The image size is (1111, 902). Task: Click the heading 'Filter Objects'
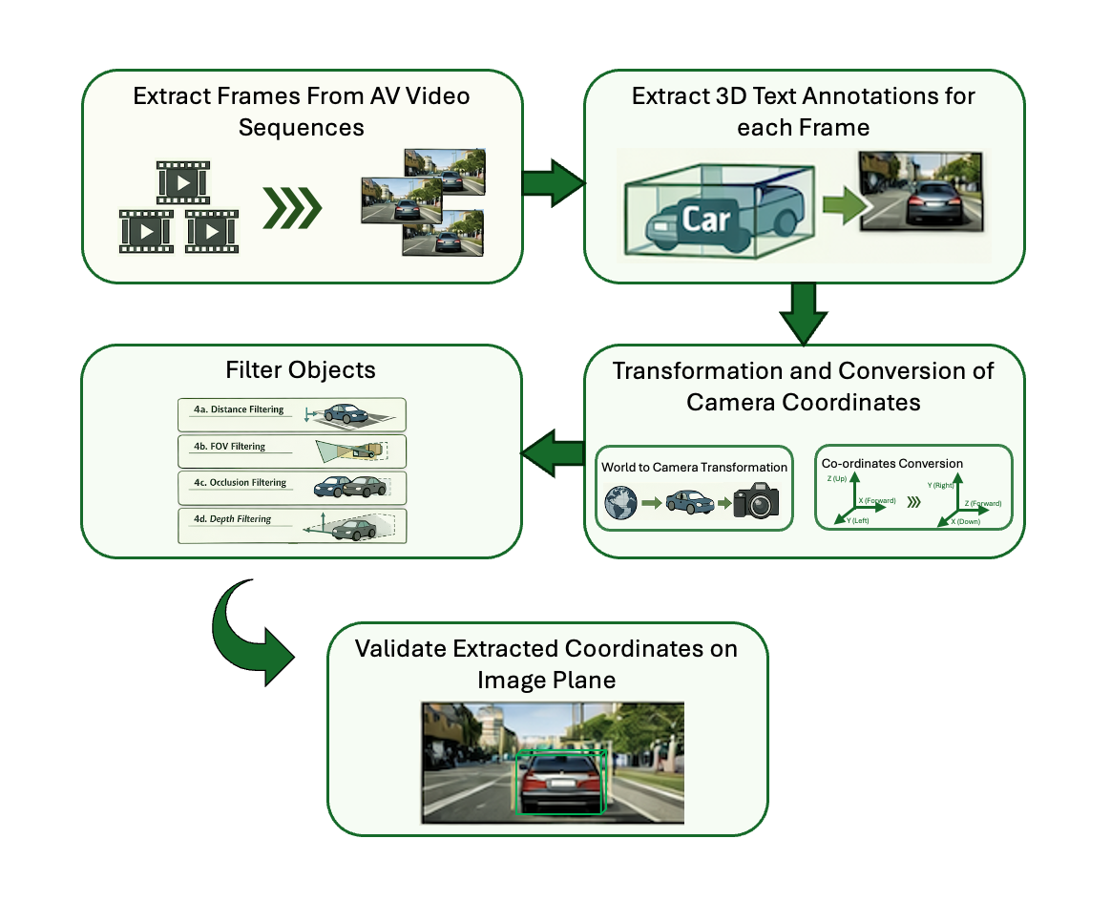302,369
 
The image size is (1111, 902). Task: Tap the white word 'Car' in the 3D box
705,219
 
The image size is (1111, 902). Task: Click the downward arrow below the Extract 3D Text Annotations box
804,314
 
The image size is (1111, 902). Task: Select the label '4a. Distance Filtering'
239,409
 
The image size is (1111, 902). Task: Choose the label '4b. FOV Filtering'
229,446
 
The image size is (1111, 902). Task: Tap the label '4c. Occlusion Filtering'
240,483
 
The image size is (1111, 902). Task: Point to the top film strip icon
182,181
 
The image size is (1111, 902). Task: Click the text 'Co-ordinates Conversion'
892,464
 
